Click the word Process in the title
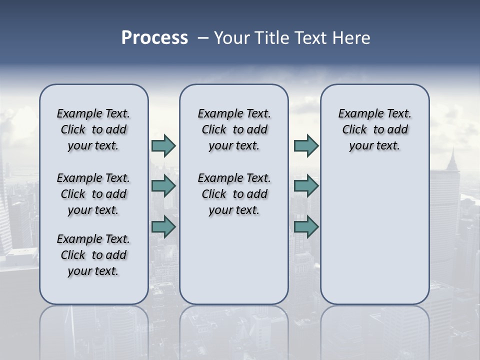154,38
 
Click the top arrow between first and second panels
163,145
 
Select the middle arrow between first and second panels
163,186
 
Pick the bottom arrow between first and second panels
163,226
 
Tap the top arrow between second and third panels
306,145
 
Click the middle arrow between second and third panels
306,186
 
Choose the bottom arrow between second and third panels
306,226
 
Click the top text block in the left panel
93,129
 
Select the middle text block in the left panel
93,194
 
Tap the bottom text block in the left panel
93,255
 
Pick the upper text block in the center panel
234,129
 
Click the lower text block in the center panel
234,194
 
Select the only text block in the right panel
374,129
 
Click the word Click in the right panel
354,130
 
